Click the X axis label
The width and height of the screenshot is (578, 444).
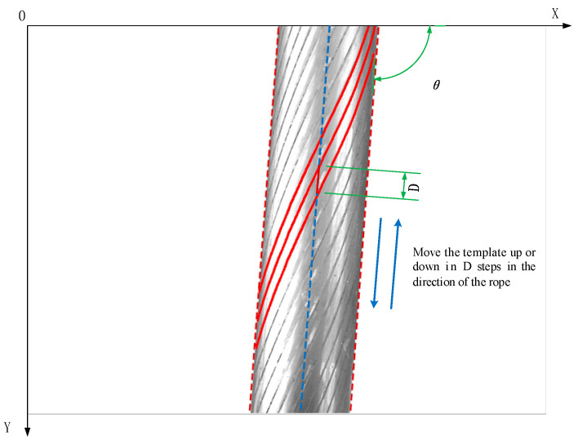point(554,13)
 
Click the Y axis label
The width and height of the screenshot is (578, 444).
point(7,426)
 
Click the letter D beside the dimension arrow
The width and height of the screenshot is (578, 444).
point(415,187)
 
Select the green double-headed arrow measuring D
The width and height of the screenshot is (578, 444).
point(404,185)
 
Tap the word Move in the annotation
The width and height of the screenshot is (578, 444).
point(427,252)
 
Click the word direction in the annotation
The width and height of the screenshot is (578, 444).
point(434,282)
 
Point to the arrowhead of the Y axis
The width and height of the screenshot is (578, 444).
point(28,431)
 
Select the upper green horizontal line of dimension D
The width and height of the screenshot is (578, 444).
point(376,171)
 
